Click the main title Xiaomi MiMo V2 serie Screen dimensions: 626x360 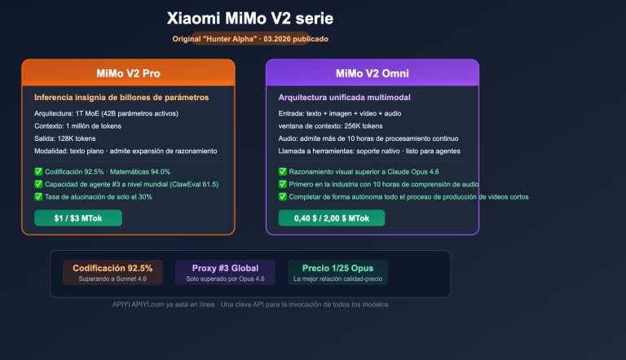[x=249, y=18]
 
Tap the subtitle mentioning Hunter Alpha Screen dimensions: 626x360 [x=250, y=38]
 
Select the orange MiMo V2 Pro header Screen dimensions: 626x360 [x=128, y=73]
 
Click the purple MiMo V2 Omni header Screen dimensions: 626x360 [x=373, y=73]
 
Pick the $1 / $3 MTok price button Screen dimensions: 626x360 [x=77, y=217]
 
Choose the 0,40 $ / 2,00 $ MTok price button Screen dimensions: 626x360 [x=332, y=217]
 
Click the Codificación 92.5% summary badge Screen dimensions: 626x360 [x=112, y=272]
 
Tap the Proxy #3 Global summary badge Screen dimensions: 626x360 [x=225, y=272]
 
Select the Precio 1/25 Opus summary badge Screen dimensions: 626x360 [x=337, y=272]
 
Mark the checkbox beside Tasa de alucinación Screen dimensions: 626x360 [x=38, y=196]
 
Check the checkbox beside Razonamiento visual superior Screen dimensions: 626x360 [x=282, y=172]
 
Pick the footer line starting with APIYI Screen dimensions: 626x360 [x=250, y=305]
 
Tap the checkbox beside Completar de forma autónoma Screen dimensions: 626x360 [x=282, y=196]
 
